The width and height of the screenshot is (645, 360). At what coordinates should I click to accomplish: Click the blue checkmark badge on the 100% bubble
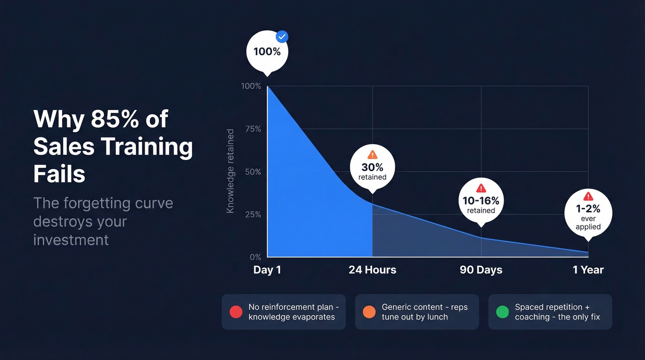281,37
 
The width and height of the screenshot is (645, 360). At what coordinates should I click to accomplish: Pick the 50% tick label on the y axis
252,172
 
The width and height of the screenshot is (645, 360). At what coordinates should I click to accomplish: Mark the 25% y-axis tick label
252,214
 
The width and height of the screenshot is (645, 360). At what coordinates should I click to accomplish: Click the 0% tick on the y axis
255,257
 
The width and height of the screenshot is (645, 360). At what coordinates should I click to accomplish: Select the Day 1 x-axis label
267,270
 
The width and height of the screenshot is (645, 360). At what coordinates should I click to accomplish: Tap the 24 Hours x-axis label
372,270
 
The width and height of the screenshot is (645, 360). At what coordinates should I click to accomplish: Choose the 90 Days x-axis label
481,270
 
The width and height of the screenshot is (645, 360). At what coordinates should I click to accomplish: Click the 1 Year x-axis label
588,270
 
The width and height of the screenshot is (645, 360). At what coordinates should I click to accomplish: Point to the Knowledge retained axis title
231,171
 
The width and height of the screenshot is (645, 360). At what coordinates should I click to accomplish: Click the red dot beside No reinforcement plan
236,312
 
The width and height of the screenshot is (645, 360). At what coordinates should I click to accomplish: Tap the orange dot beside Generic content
369,312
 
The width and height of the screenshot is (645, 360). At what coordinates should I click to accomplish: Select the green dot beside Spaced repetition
502,312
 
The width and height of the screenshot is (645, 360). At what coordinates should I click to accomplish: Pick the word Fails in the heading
59,174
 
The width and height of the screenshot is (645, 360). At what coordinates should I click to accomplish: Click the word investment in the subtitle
71,240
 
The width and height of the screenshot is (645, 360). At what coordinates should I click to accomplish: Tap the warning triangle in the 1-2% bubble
588,196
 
